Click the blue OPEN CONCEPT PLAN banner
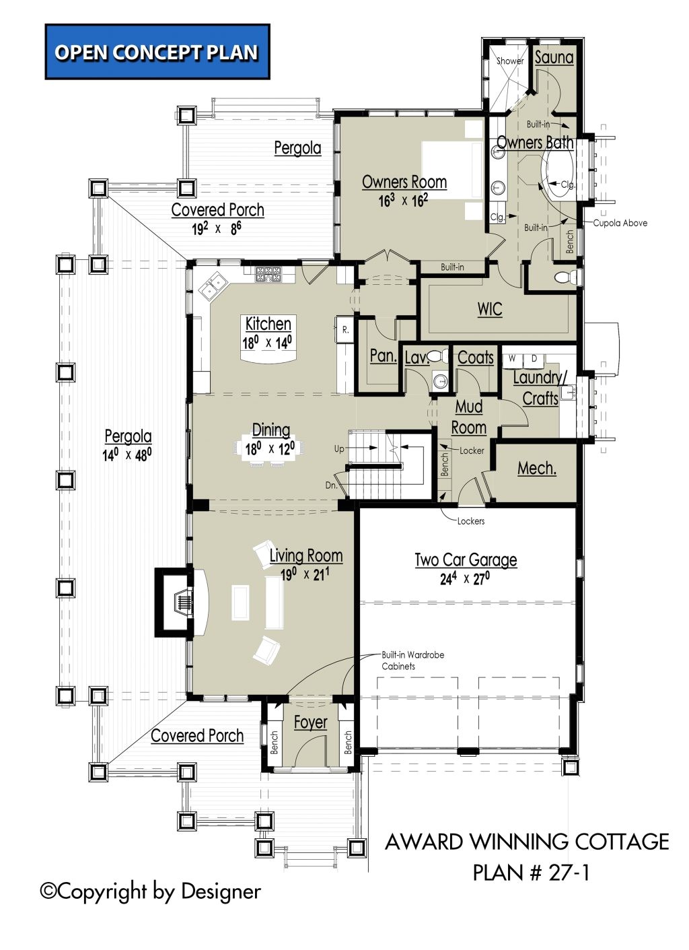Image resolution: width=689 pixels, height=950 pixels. coord(157,52)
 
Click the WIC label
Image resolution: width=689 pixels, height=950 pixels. coord(490,309)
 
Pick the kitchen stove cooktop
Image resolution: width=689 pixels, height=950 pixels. coord(268,274)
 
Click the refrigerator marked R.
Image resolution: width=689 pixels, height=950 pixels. coord(345,329)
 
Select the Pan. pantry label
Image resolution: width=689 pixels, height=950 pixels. coord(383,355)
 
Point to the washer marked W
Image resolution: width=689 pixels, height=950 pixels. coord(512,360)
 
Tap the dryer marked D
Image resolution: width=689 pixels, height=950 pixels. coord(534,360)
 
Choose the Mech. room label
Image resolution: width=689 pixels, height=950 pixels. coord(536,469)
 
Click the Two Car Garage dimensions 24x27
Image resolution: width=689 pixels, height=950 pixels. coord(465,579)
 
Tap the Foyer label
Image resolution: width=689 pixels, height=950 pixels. coord(311,722)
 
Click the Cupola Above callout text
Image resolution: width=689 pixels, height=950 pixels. coord(620,223)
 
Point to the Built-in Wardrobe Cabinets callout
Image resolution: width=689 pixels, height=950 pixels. coord(412,660)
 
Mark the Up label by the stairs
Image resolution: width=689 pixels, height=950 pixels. coord(339,448)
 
